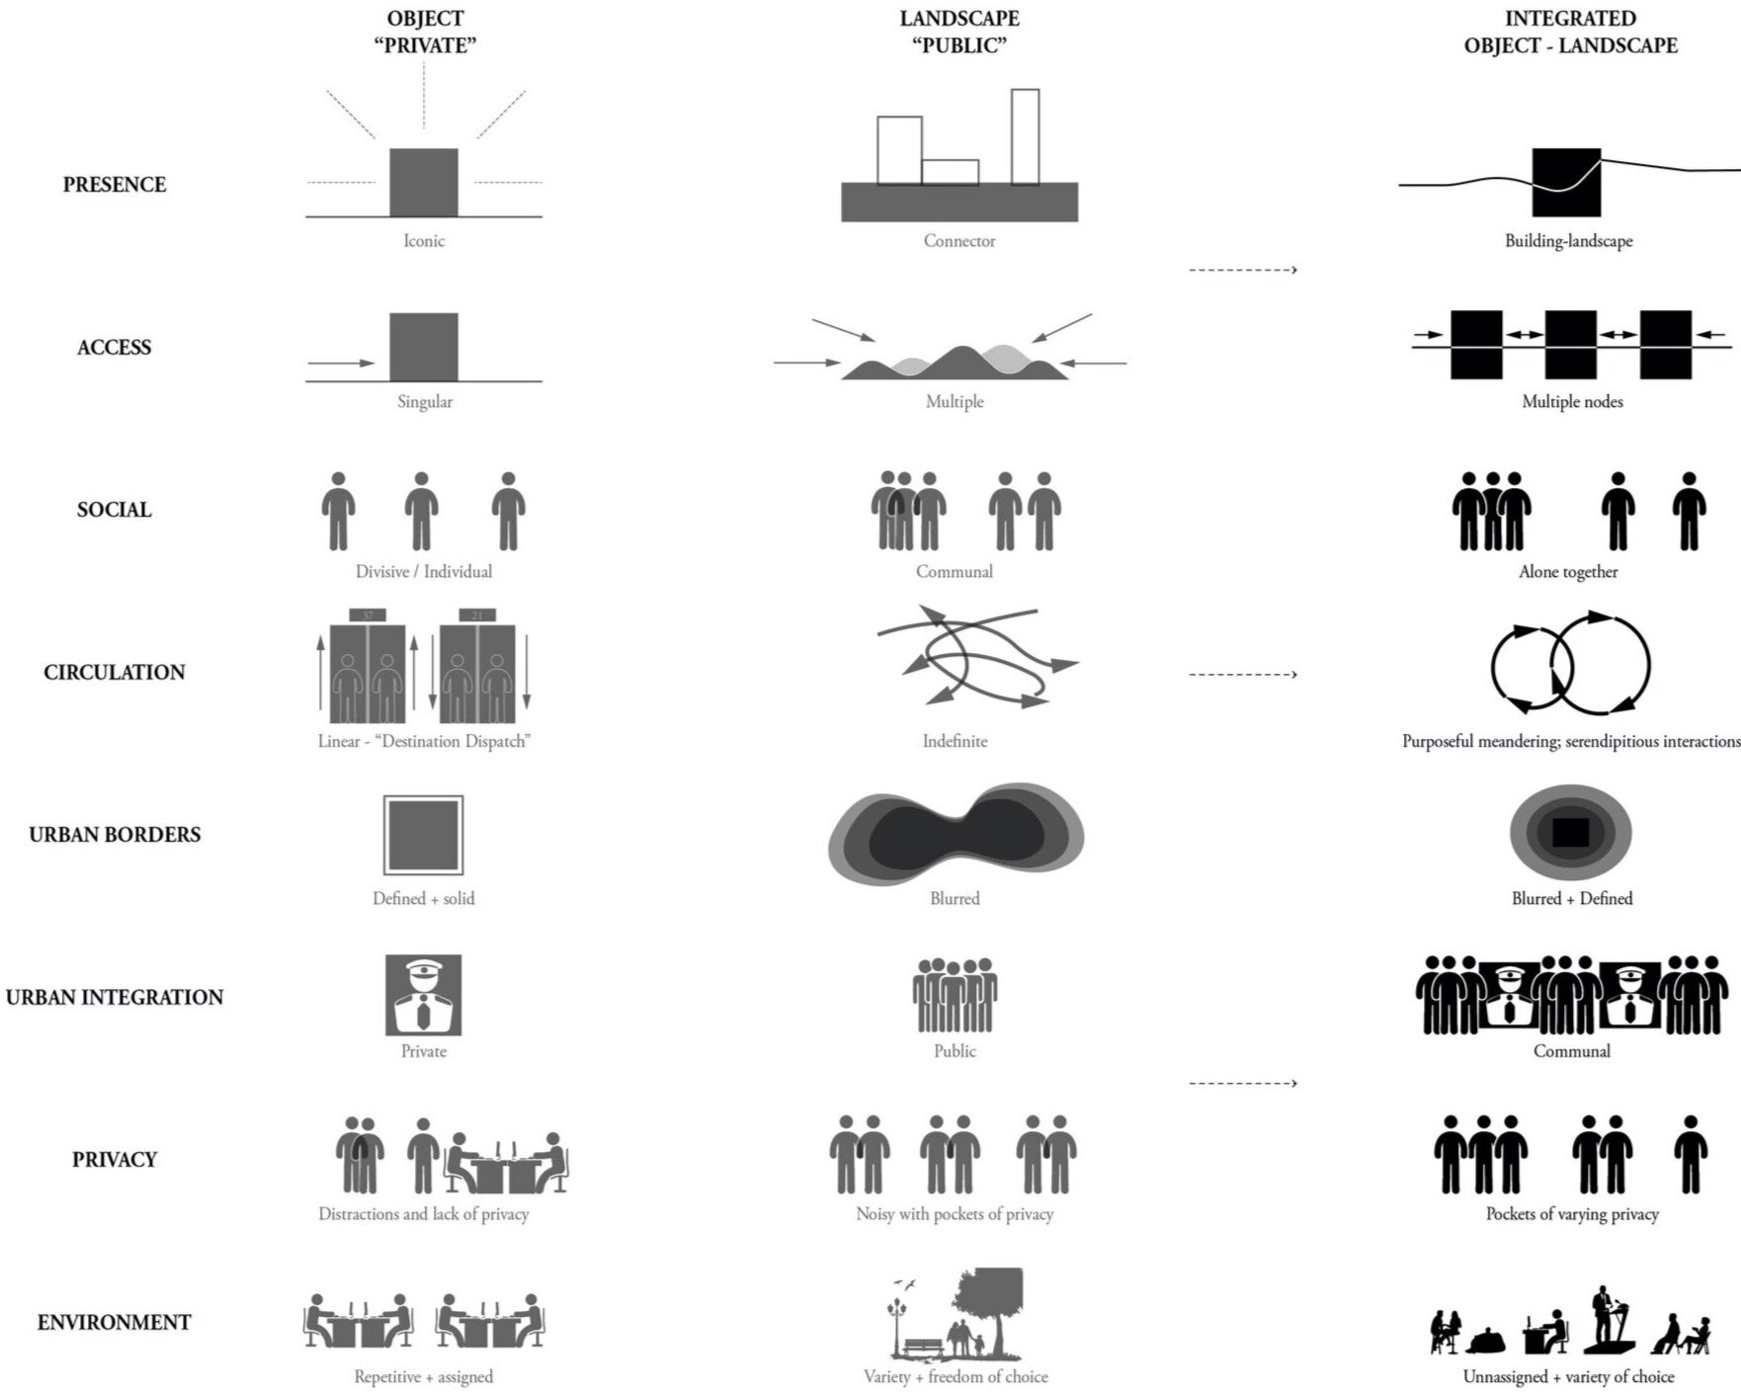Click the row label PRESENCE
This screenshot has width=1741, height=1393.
click(115, 185)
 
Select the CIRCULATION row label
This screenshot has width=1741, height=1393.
click(115, 673)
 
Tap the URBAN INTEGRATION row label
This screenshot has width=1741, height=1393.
click(115, 998)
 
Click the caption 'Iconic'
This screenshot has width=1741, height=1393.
click(424, 241)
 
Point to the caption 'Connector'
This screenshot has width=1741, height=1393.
click(959, 241)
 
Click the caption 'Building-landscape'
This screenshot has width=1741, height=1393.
click(1568, 241)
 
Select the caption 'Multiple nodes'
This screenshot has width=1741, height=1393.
click(1572, 402)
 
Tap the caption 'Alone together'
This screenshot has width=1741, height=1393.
click(1568, 572)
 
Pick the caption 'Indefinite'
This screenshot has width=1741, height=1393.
click(954, 741)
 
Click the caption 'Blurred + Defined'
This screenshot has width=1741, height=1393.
click(1571, 899)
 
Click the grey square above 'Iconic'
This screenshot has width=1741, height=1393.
click(424, 182)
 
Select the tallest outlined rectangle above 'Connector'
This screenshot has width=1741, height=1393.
click(1025, 136)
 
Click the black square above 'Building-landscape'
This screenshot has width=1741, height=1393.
click(1566, 182)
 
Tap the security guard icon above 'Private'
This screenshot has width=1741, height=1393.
click(423, 995)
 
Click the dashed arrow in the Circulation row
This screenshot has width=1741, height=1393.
click(1242, 675)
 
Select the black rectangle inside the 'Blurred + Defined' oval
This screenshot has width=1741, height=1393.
click(1570, 833)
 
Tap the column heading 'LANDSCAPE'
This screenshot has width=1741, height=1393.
click(959, 19)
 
